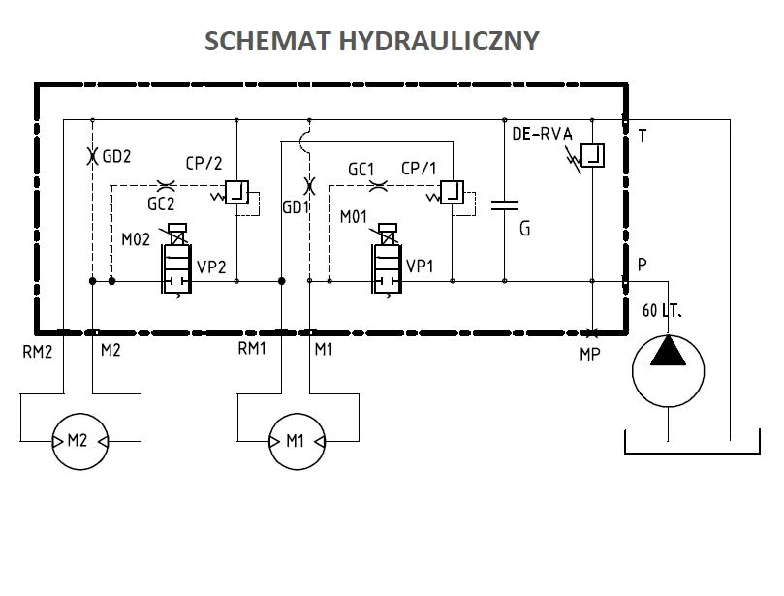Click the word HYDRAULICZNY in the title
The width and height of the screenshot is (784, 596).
(439, 41)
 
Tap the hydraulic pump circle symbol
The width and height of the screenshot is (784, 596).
(668, 371)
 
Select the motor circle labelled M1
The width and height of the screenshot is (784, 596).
(297, 442)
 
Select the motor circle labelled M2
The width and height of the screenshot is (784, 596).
(80, 442)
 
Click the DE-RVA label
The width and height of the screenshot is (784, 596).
(542, 134)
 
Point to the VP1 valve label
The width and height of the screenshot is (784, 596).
(420, 266)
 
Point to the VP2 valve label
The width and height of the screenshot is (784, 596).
(211, 267)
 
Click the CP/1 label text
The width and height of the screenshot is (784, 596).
(419, 169)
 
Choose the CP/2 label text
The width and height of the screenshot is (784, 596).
(204, 164)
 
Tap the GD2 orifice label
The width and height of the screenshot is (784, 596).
(116, 156)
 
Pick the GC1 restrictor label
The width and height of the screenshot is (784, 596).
(361, 170)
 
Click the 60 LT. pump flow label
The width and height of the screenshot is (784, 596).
(662, 311)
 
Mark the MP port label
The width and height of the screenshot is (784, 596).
(590, 354)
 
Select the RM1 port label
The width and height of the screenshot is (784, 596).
(252, 348)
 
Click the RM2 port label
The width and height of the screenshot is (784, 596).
(38, 352)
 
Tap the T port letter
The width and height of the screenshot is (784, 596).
(643, 136)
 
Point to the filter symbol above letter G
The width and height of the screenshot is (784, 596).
(505, 204)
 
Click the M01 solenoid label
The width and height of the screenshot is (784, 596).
(354, 217)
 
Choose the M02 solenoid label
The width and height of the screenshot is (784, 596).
(136, 239)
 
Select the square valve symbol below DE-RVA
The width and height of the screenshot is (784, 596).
(592, 155)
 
